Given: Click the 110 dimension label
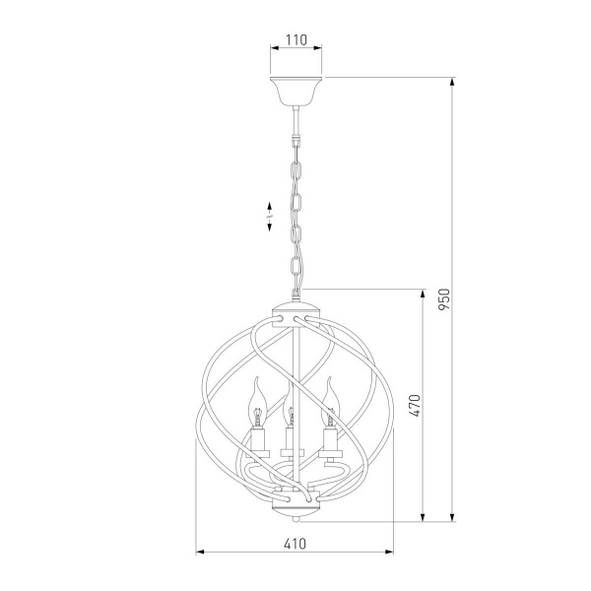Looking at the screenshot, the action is [x=296, y=39].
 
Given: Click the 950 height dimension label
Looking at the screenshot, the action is [x=444, y=299].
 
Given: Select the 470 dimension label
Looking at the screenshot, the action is [x=415, y=406].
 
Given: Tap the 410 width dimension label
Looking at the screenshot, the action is [x=295, y=544].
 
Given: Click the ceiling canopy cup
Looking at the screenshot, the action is [x=296, y=92].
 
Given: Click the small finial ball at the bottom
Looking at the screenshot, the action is [x=296, y=519].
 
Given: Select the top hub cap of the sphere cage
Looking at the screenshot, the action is [x=296, y=313].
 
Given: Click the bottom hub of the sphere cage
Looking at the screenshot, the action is [x=296, y=503].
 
